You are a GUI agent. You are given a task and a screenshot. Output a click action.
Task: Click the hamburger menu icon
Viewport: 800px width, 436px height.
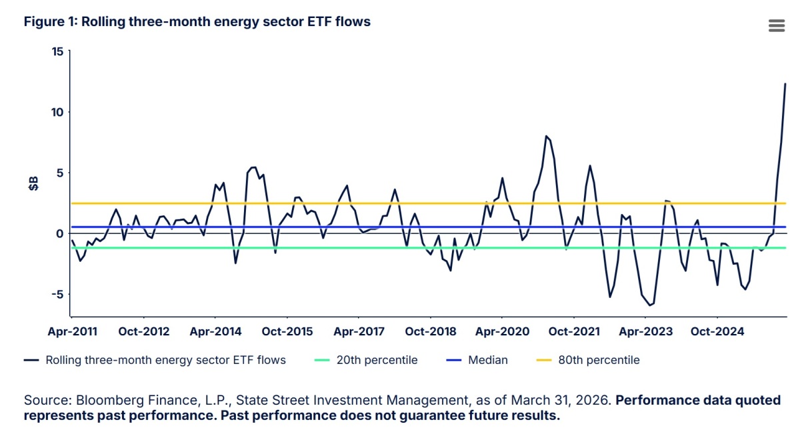click(x=777, y=25)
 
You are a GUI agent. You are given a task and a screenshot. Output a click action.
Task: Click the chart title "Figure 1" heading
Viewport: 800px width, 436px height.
click(x=197, y=22)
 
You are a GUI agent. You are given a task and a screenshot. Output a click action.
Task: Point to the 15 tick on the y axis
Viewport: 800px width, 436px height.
click(x=57, y=51)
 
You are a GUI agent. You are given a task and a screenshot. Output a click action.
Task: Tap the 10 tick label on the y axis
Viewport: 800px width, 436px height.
click(x=57, y=112)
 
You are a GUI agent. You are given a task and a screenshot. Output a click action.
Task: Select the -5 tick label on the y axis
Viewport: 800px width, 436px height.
click(x=57, y=294)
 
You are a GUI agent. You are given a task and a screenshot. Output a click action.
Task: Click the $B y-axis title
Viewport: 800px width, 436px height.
click(x=33, y=183)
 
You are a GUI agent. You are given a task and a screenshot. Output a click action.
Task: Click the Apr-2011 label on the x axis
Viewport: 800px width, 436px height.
click(x=73, y=331)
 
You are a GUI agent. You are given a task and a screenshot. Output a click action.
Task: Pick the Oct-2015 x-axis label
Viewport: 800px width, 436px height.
click(x=287, y=331)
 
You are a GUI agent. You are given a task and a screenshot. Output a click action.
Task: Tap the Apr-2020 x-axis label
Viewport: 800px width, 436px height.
click(x=502, y=331)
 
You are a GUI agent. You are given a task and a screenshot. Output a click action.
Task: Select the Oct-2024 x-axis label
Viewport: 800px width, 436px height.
click(x=717, y=331)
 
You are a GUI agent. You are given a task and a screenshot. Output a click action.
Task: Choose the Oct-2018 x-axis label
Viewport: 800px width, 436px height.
click(x=431, y=331)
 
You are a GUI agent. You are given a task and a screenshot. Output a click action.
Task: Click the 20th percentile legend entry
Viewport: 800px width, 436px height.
click(x=366, y=360)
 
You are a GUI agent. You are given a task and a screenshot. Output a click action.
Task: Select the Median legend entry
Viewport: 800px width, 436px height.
click(x=477, y=360)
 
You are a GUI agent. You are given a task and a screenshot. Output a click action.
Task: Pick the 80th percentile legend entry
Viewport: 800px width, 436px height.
click(x=588, y=360)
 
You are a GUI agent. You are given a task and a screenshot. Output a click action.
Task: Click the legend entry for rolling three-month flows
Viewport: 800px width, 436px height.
click(x=155, y=360)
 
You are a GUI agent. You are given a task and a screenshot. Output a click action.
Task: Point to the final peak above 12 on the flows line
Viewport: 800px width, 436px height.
click(x=785, y=84)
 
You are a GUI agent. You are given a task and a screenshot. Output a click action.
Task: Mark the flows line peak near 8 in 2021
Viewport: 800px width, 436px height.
click(x=546, y=136)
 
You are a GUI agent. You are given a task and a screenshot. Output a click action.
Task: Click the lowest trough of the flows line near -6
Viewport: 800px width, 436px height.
click(x=649, y=305)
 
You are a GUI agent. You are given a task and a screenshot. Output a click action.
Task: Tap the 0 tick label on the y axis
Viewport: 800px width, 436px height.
click(x=59, y=233)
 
